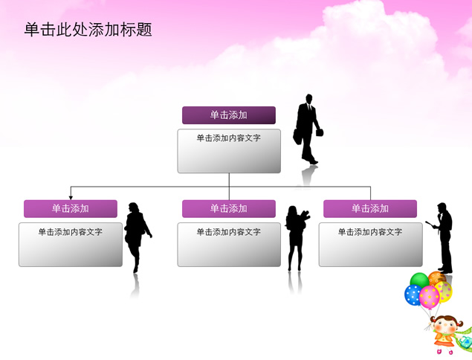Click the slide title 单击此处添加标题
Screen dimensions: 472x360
pyautogui.click(x=88, y=30)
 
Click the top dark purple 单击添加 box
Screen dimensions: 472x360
pyautogui.click(x=229, y=115)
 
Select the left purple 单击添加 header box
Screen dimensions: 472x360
pyautogui.click(x=71, y=208)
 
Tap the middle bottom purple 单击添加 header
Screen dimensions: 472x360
pyautogui.click(x=229, y=208)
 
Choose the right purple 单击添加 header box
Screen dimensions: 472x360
pyautogui.click(x=370, y=208)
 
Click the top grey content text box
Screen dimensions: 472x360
pyautogui.click(x=229, y=151)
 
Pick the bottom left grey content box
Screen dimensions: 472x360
pyautogui.click(x=71, y=245)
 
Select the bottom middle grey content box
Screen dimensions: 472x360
pyautogui.click(x=229, y=245)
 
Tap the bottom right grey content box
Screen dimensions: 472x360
pyautogui.click(x=371, y=245)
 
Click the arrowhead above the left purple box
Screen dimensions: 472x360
pyautogui.click(x=71, y=198)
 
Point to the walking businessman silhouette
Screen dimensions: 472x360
pyautogui.click(x=307, y=129)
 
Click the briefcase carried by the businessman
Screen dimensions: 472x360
pyautogui.click(x=297, y=137)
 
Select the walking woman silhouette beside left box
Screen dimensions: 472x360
pyautogui.click(x=137, y=237)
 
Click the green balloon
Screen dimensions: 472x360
pyautogui.click(x=420, y=280)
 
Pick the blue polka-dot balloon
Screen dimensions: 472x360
pyautogui.click(x=413, y=295)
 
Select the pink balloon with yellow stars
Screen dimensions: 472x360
pyautogui.click(x=430, y=298)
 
